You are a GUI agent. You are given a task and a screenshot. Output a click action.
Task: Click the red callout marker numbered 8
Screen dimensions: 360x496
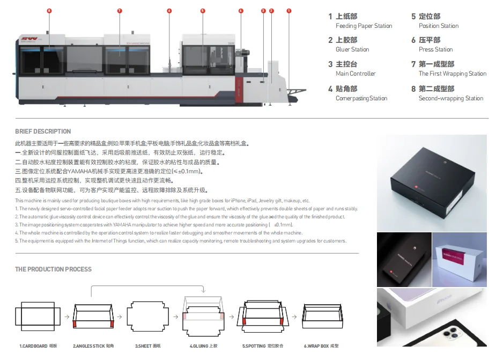(49, 11)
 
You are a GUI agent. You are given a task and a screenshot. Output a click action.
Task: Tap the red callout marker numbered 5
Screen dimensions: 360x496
(203, 11)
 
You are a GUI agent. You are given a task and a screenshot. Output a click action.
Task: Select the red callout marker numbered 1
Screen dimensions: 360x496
(289, 11)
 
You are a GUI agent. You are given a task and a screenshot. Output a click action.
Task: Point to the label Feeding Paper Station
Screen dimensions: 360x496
(364, 26)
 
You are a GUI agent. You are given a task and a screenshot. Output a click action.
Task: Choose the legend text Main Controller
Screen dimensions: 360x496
(356, 74)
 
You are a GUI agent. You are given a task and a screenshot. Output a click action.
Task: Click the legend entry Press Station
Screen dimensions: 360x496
(435, 49)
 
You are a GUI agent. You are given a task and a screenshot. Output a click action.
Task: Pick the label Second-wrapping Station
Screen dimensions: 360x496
(451, 98)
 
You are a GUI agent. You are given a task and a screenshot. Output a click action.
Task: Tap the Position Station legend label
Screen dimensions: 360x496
(439, 26)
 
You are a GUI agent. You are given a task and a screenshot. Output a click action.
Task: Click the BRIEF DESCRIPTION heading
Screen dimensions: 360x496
(43, 131)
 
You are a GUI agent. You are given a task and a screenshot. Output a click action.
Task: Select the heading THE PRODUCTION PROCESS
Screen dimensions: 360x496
(53, 269)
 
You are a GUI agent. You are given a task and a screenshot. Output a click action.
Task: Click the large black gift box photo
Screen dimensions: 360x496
(432, 181)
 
